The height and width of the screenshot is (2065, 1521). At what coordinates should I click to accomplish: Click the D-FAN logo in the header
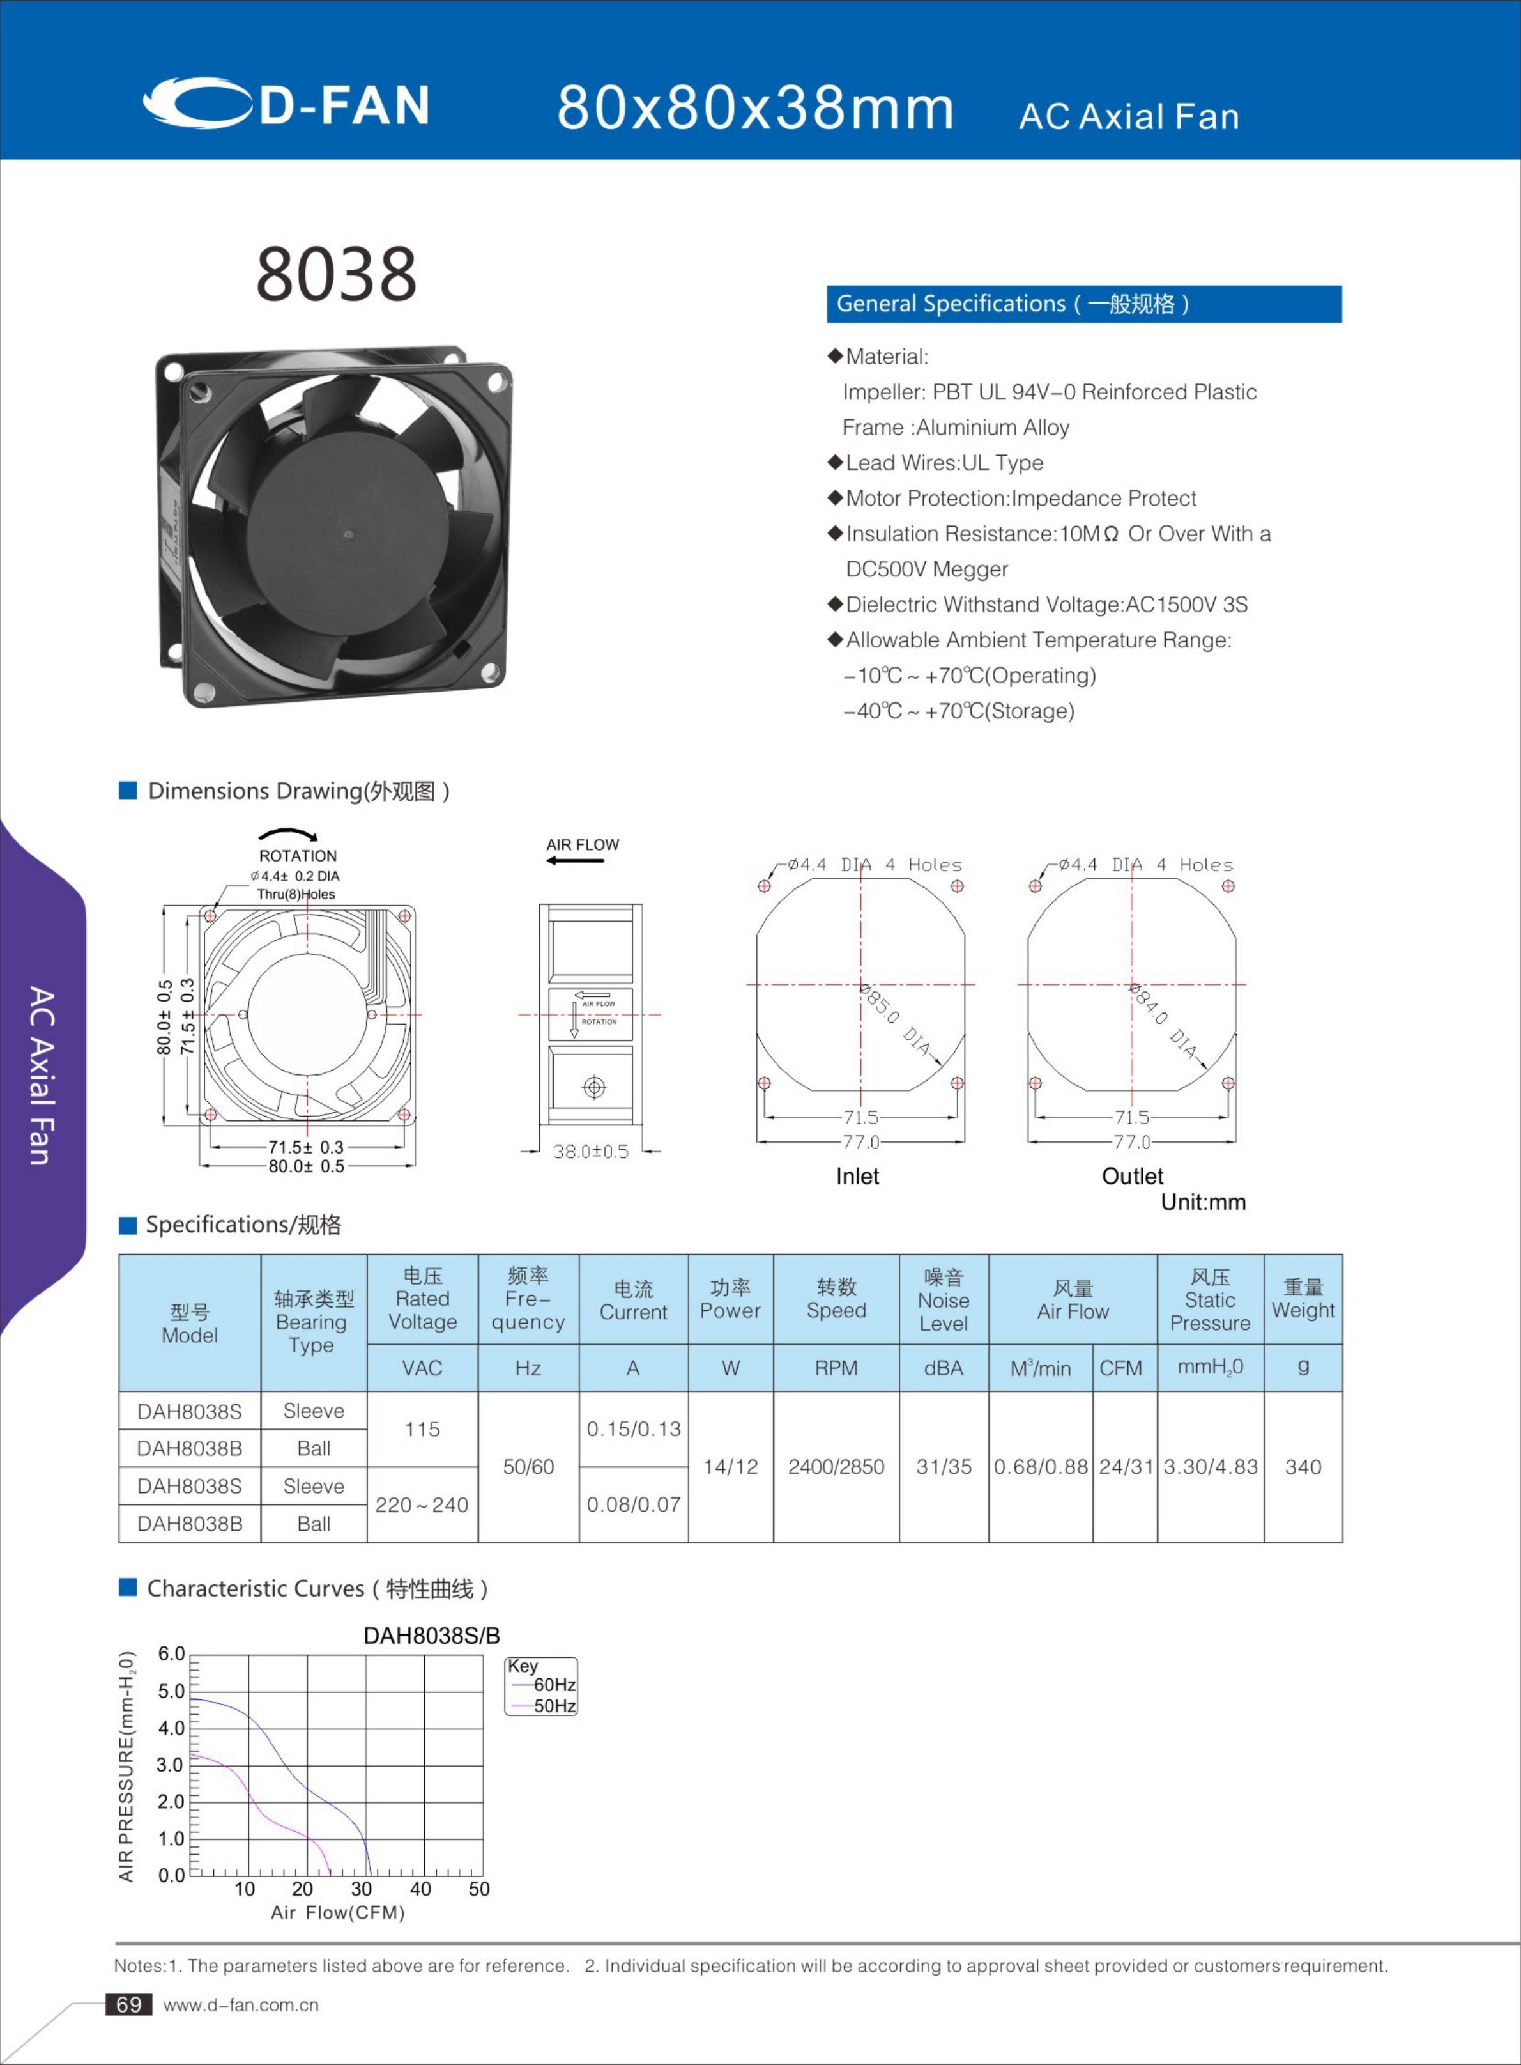point(286,103)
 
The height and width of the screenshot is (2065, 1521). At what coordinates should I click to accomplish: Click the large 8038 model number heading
point(336,274)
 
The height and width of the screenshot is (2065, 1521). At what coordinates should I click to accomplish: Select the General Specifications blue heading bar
point(1083,304)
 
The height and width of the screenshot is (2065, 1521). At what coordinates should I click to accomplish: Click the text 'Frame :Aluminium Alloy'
point(955,428)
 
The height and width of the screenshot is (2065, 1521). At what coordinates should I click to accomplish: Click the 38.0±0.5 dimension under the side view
point(590,1151)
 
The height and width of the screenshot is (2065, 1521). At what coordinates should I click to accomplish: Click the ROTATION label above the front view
point(298,856)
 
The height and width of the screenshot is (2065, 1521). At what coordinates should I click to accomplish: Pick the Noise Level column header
point(943,1299)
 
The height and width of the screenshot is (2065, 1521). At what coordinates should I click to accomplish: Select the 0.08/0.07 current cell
point(634,1504)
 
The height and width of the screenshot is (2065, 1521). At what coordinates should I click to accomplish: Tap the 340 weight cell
point(1302,1466)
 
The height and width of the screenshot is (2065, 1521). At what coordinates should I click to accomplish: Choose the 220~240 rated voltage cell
point(422,1504)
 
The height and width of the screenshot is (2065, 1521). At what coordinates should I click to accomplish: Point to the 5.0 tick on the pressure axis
point(171,1691)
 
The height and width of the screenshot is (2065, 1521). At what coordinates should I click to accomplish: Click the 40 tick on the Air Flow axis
point(420,1889)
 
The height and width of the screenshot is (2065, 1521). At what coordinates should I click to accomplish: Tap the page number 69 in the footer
point(129,2004)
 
